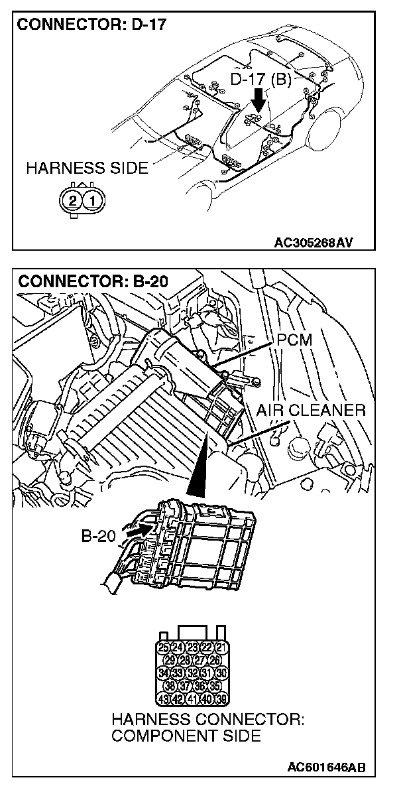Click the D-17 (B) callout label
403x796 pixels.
(260, 80)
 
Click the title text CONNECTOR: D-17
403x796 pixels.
(91, 26)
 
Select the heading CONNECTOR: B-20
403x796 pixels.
(93, 280)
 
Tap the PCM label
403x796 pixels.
(295, 340)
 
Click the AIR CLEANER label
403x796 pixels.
(311, 410)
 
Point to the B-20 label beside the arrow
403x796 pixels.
(101, 535)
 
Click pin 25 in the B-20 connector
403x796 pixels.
(163, 647)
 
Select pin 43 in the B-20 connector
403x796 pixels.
(163, 698)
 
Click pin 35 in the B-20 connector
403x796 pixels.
(214, 686)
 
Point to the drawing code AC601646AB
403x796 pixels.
(325, 767)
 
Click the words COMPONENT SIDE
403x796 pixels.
(186, 736)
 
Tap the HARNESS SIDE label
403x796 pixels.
(87, 168)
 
